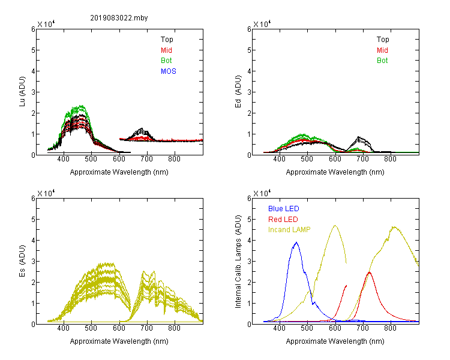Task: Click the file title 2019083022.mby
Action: [x=119, y=18]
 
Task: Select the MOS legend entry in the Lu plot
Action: [x=169, y=71]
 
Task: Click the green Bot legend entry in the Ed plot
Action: [x=382, y=61]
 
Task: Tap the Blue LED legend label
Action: [x=284, y=209]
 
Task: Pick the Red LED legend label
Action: [x=283, y=220]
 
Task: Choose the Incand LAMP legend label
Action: [x=289, y=230]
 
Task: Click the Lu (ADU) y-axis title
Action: [x=22, y=92]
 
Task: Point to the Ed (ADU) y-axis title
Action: [x=238, y=92]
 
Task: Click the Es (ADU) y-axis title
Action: [x=22, y=261]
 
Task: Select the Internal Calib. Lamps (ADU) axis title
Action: [x=238, y=262]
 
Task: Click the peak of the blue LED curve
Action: [x=296, y=242]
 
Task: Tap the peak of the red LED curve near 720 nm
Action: [x=370, y=272]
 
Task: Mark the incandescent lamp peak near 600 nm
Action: [x=335, y=226]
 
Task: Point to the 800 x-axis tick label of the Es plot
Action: [x=174, y=328]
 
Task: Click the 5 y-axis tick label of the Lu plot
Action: [x=33, y=50]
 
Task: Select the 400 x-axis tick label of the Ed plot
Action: [x=279, y=159]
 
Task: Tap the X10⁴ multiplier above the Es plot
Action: [x=46, y=193]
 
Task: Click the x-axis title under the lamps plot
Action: [x=335, y=341]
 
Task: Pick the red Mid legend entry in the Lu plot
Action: [x=166, y=50]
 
